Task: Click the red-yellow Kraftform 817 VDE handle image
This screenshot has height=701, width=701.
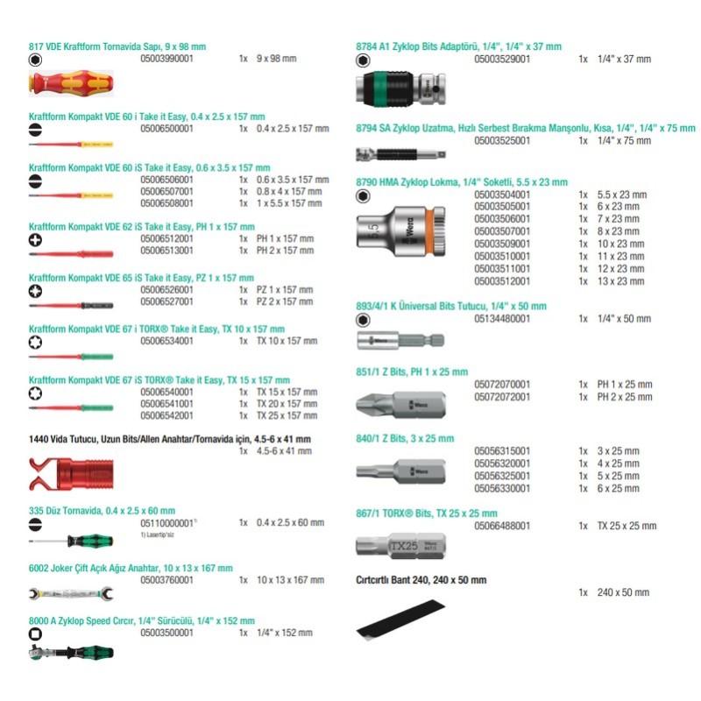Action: (x=70, y=84)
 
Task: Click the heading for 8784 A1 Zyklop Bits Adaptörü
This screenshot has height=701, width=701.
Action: (x=458, y=46)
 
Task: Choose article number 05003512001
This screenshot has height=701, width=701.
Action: (x=501, y=281)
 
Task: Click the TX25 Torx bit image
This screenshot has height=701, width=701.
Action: (x=400, y=546)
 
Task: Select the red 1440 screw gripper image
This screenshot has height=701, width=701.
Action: (x=70, y=474)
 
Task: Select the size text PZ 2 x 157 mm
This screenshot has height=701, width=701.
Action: (x=285, y=301)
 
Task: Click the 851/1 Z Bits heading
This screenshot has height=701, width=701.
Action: (x=412, y=372)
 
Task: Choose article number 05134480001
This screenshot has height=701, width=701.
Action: (x=502, y=319)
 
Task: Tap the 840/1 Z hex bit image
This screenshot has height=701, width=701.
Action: (x=400, y=471)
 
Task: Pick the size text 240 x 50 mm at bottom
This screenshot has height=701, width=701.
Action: (x=623, y=592)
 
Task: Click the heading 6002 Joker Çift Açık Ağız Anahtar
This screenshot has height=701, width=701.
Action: (x=131, y=568)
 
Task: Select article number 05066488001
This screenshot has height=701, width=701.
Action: (x=502, y=526)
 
